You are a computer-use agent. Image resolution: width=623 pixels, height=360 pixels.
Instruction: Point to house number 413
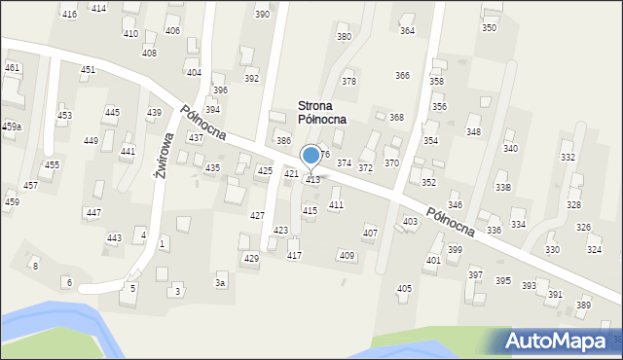coord(312,180)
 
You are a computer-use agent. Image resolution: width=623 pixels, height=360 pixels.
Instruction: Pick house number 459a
coord(11,126)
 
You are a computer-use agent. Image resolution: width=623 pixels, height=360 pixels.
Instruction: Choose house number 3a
coord(221,283)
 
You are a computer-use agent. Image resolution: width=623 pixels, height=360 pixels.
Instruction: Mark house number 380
coord(344,37)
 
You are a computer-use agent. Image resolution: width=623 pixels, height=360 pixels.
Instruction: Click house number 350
coord(489,28)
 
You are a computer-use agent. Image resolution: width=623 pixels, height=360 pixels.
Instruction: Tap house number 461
coord(12,67)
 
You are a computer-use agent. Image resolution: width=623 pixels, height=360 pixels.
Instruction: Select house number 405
coord(404,289)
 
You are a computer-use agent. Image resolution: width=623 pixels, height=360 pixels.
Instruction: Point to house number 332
coord(568,157)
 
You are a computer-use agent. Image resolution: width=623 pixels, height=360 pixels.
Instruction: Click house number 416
coord(69,14)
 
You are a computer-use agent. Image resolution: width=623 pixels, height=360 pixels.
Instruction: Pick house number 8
coord(35,266)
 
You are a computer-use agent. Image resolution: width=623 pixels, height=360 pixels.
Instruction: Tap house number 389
coord(583,306)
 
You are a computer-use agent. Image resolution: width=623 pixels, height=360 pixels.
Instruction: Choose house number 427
coord(257,215)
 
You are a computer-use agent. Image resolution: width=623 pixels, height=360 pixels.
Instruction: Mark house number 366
coord(402,75)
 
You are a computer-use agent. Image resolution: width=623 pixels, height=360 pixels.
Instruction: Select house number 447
coord(93,212)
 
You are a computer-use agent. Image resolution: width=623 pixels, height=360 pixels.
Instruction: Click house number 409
coord(347,255)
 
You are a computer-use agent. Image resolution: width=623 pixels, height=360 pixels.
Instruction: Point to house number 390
coord(262,14)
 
